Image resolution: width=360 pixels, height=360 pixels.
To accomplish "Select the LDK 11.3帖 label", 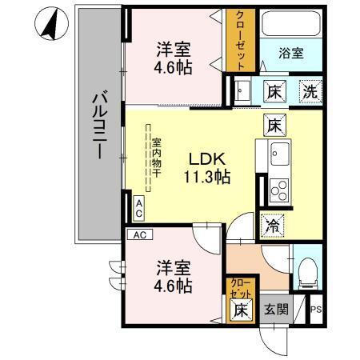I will tap(210, 166).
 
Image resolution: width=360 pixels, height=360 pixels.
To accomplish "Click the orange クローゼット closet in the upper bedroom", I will tap(240, 39).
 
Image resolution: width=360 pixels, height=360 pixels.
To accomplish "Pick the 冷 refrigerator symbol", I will tap(271, 226).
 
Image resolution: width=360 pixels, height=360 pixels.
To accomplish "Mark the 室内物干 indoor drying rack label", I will tap(156, 155).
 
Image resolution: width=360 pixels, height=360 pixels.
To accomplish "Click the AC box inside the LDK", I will tap(138, 210).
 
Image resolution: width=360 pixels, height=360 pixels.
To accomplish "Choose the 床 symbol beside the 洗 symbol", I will tap(274, 90).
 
